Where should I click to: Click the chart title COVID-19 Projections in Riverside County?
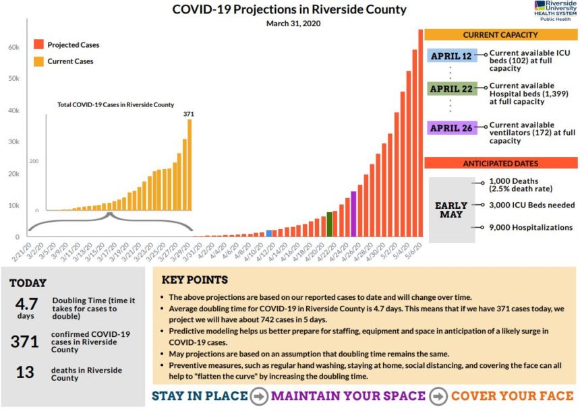[x=289, y=9]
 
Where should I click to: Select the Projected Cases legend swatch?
[x=39, y=45]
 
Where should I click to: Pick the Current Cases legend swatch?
[x=39, y=61]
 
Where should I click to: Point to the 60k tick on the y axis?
[x=13, y=47]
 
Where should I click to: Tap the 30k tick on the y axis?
[x=13, y=142]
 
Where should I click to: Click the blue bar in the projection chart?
[x=270, y=232]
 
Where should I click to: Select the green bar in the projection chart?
[x=329, y=224]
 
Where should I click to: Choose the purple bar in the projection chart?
[x=353, y=222]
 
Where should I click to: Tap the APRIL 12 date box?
[x=452, y=56]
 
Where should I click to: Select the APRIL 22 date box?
[x=452, y=89]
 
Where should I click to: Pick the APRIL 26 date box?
[x=452, y=127]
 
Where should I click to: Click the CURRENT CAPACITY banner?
[x=500, y=35]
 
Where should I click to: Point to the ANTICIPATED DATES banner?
[x=500, y=164]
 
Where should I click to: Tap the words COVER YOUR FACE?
[x=512, y=396]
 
